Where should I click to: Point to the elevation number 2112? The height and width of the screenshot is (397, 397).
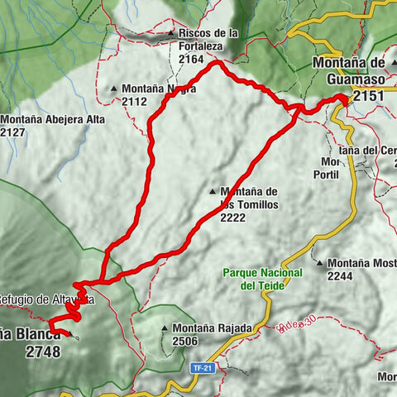coord(134,102)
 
